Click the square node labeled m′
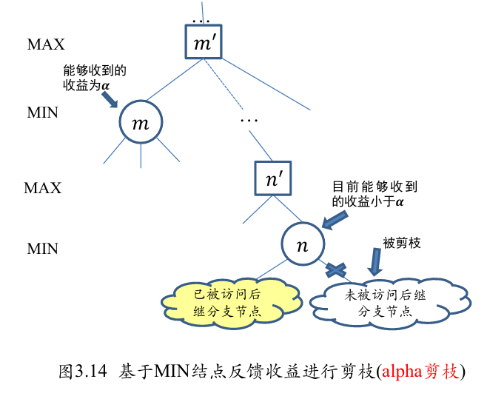[x=203, y=43]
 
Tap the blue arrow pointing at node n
[x=334, y=218]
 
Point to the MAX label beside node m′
[x=46, y=44]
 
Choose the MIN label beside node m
[x=43, y=113]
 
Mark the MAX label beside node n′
[x=43, y=188]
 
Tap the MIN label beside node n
[x=43, y=249]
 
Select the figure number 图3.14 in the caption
[x=83, y=371]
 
